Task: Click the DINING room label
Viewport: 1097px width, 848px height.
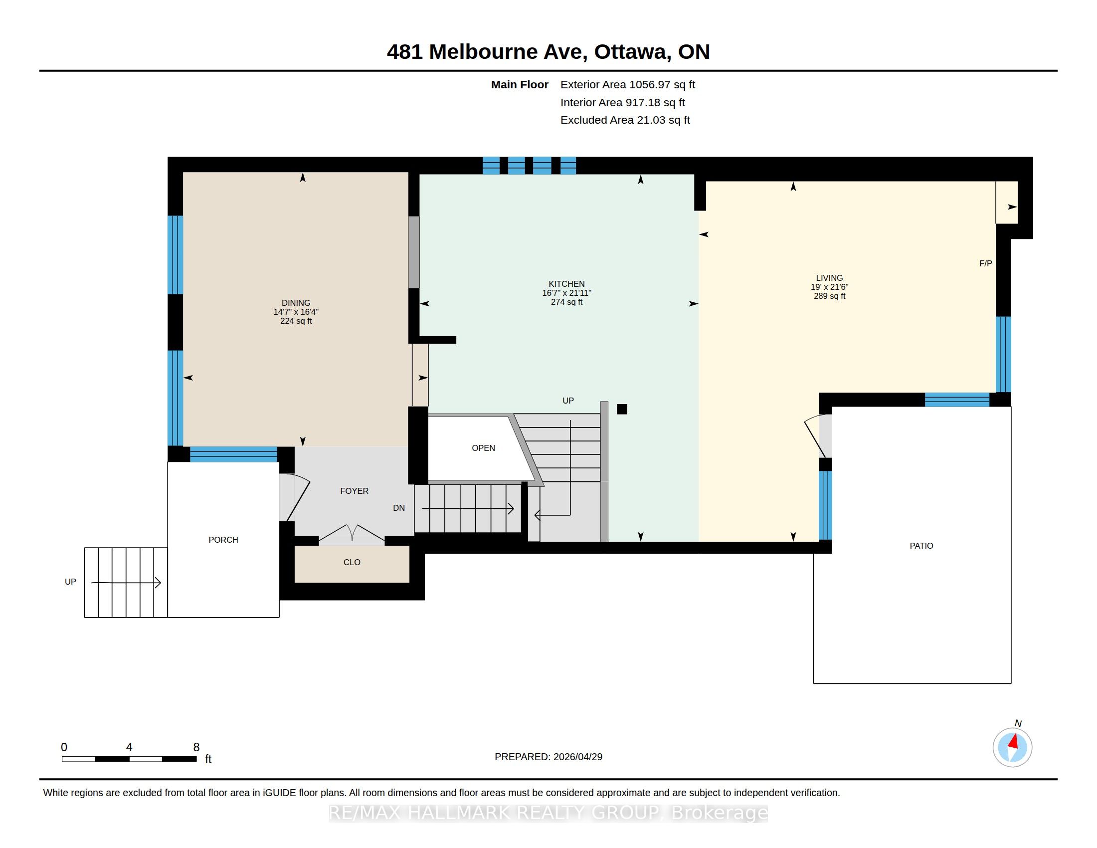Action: pos(296,303)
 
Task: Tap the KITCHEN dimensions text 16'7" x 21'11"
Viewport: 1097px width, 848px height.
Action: pos(566,293)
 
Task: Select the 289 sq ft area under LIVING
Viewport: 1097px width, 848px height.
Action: pos(829,296)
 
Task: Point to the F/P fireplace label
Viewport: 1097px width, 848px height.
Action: pos(985,264)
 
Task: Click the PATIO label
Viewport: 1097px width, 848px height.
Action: pos(921,546)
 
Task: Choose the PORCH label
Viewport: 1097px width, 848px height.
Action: pos(223,540)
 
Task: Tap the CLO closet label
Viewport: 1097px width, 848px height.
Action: pos(352,563)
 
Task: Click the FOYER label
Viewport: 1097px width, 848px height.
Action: pos(354,491)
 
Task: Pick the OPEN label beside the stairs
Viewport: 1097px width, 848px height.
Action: pos(483,448)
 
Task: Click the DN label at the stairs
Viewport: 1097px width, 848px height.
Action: pos(399,508)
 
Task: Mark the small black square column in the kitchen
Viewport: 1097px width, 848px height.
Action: pos(622,410)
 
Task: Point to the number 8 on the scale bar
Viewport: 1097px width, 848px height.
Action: pos(196,748)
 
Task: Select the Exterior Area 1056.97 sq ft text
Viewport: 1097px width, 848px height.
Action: pos(628,85)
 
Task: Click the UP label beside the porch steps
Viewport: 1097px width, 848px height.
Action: pos(70,582)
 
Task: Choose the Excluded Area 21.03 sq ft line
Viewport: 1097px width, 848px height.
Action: pos(625,120)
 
